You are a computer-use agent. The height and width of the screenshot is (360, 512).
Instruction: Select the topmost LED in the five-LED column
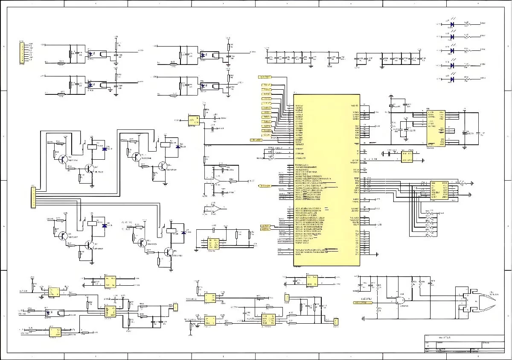pyautogui.click(x=452, y=24)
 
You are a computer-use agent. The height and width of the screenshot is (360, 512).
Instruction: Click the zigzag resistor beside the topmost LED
pyautogui.click(x=468, y=24)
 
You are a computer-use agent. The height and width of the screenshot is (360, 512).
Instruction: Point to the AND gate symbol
pyautogui.click(x=401, y=301)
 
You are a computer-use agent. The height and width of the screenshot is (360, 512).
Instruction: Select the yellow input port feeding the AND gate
pyautogui.click(x=362, y=302)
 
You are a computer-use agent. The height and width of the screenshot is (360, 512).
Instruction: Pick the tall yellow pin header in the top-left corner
pyautogui.click(x=21, y=53)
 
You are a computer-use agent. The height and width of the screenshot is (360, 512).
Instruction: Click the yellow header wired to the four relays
pyautogui.click(x=33, y=197)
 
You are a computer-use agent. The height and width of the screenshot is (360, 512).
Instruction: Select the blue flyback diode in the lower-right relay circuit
pyautogui.click(x=183, y=232)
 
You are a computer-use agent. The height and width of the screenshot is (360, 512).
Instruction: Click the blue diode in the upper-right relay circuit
pyautogui.click(x=177, y=146)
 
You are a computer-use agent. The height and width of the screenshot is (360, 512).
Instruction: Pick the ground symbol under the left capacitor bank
pyautogui.click(x=311, y=65)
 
